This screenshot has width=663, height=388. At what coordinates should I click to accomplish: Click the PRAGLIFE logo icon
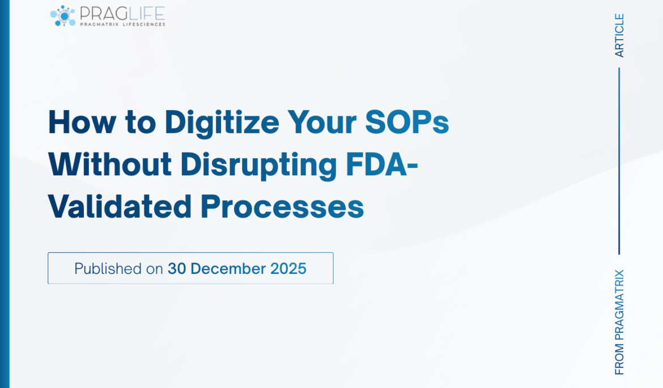[63, 15]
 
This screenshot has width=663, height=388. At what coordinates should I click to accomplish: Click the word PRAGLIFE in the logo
[122, 12]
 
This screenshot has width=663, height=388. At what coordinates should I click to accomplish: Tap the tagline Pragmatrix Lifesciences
[122, 24]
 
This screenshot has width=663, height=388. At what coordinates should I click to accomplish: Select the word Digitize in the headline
[222, 122]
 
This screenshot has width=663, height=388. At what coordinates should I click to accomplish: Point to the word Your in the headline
[322, 122]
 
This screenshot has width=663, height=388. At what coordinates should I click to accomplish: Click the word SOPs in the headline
[407, 122]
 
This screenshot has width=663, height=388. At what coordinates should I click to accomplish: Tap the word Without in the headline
[110, 165]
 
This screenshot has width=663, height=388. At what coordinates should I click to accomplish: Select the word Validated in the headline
[120, 207]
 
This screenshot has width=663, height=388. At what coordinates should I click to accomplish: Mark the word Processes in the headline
[282, 208]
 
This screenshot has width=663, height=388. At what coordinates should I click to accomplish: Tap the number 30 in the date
[177, 268]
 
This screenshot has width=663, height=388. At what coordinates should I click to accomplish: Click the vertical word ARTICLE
[619, 36]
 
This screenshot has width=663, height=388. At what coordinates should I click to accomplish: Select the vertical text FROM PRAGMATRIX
[619, 322]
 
